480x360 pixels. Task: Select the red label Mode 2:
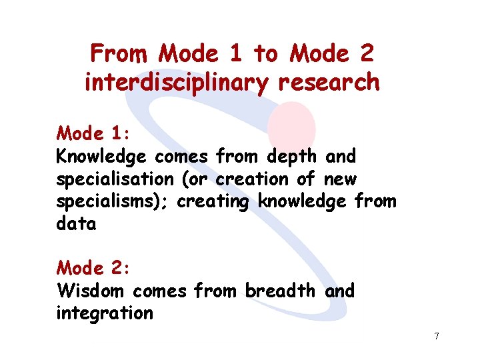[93, 268]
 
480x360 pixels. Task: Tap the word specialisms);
[113, 202]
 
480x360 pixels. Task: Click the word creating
[213, 202]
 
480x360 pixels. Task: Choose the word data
[76, 224]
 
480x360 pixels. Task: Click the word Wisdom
[93, 291]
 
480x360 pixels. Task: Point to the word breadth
[283, 291]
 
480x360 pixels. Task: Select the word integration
[105, 313]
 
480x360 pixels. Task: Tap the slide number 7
[436, 336]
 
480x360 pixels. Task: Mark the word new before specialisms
[340, 179]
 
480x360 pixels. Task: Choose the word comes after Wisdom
[161, 291]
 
